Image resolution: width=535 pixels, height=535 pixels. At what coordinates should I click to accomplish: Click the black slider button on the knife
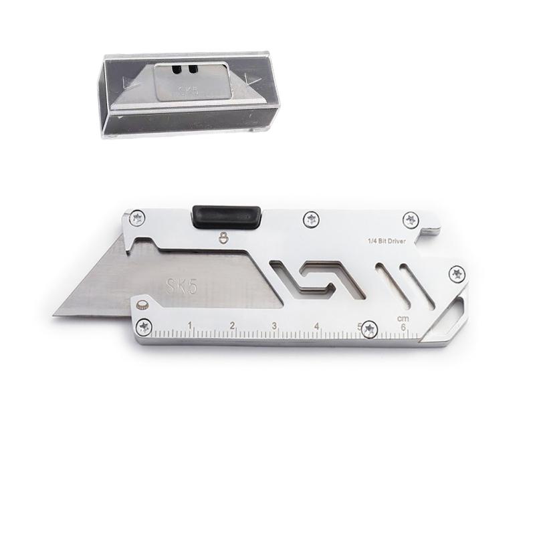click(x=227, y=217)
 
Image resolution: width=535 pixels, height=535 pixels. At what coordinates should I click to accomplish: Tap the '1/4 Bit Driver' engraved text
click(x=387, y=241)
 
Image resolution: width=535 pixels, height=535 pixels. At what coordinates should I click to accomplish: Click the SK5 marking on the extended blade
click(x=181, y=287)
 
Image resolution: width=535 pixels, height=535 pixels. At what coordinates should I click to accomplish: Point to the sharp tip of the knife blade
click(x=54, y=316)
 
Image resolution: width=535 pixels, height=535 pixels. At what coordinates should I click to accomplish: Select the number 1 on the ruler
click(x=190, y=326)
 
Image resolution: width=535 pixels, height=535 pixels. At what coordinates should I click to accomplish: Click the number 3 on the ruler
click(x=274, y=326)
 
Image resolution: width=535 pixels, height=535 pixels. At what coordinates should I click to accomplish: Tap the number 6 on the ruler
click(x=403, y=328)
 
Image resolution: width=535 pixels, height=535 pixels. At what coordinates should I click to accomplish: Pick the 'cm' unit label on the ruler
click(x=403, y=319)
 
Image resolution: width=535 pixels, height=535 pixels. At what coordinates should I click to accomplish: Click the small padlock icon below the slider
click(x=223, y=237)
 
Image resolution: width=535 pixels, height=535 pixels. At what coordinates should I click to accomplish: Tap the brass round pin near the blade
click(x=141, y=306)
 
